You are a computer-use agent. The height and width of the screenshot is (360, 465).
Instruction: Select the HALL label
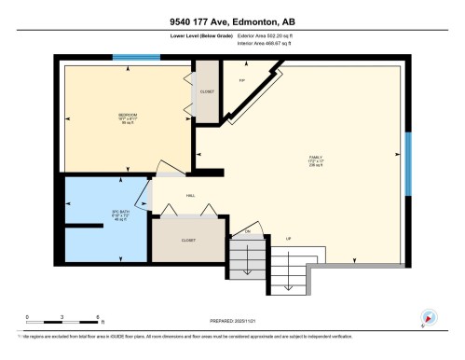point(190,196)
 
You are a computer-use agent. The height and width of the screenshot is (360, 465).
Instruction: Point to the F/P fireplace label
point(242,80)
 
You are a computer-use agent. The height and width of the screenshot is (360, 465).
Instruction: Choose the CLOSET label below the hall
point(189,239)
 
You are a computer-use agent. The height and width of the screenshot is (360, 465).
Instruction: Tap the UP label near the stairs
point(290,239)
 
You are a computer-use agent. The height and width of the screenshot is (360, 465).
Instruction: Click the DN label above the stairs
point(248,230)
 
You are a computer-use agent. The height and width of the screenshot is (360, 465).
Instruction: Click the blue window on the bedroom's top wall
point(130,58)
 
